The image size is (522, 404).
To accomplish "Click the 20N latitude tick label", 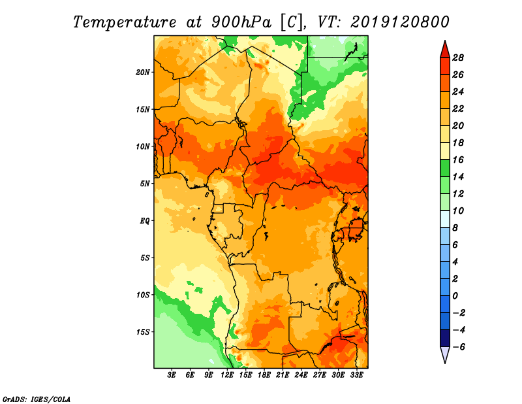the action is (143, 73).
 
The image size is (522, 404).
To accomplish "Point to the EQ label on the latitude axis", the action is (144, 221).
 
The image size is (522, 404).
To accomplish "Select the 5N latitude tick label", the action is (145, 184).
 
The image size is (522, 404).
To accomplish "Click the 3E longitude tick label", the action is (172, 375).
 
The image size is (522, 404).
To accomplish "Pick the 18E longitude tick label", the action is (264, 375).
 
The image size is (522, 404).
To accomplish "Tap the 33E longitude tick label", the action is (356, 375).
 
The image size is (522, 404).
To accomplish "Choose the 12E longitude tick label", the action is (227, 375).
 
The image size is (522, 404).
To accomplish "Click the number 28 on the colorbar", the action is (458, 58).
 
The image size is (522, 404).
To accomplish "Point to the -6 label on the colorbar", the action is (457, 347).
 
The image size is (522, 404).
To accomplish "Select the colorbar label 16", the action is (458, 160).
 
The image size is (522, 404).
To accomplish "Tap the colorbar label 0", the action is (455, 296).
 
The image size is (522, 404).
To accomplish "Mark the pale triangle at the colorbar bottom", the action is (445, 354).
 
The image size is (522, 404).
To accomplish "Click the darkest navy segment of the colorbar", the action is (445, 338).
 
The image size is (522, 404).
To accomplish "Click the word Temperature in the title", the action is (125, 22).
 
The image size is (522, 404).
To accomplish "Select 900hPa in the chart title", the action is (241, 22).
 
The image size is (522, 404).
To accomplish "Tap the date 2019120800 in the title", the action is (400, 22).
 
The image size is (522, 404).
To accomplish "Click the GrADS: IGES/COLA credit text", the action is (37, 399).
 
